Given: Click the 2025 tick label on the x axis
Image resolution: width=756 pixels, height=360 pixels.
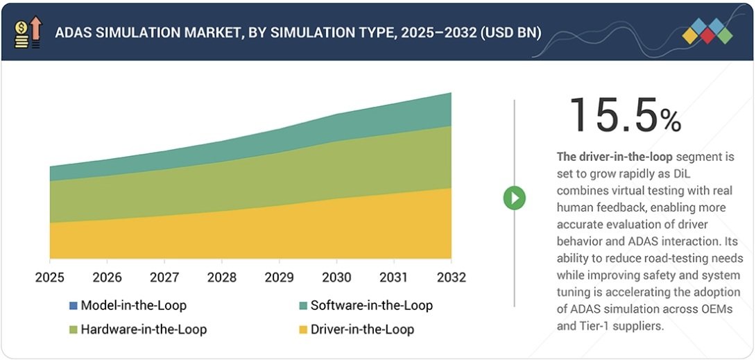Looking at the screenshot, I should [x=50, y=277].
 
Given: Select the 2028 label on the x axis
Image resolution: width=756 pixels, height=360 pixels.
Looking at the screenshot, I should [x=221, y=277].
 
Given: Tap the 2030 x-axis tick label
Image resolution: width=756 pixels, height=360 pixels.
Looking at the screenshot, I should [x=336, y=277].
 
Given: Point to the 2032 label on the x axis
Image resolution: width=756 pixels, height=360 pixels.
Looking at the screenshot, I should [x=451, y=277].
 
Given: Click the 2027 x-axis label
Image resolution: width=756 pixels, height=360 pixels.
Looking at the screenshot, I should [x=164, y=277].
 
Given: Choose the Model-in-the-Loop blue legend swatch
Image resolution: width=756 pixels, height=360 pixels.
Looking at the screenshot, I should [x=74, y=305].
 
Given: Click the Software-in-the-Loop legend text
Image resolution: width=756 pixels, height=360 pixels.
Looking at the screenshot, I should [x=371, y=305].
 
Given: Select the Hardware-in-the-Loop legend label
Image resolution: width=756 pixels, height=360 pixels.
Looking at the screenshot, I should [x=144, y=329].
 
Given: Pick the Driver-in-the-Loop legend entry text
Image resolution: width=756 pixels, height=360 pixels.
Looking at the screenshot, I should [x=362, y=329].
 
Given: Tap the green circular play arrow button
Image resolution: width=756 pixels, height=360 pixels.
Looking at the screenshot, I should [x=514, y=198].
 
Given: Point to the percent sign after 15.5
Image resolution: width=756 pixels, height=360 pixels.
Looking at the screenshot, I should [x=670, y=121].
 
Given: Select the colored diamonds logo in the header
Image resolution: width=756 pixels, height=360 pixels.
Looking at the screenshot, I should [x=707, y=31].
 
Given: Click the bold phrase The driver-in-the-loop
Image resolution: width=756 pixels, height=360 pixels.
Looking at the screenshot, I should [x=615, y=157].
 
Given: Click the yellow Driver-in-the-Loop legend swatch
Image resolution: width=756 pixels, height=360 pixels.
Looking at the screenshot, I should [x=303, y=329].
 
